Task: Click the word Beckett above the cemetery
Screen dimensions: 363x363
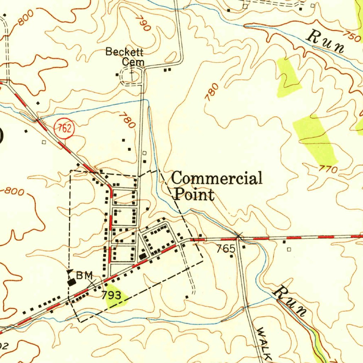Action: pos(124,52)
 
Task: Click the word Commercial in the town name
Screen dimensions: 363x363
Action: pos(217,178)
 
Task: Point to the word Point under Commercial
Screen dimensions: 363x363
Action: pos(194,195)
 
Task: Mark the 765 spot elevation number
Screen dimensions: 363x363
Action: pos(226,248)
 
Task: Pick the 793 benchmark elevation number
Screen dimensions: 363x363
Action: pos(112,295)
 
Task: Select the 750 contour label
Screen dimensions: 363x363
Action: pos(352,36)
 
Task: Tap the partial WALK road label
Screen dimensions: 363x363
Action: pos(264,344)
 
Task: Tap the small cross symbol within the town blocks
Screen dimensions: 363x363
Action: pos(119,211)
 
